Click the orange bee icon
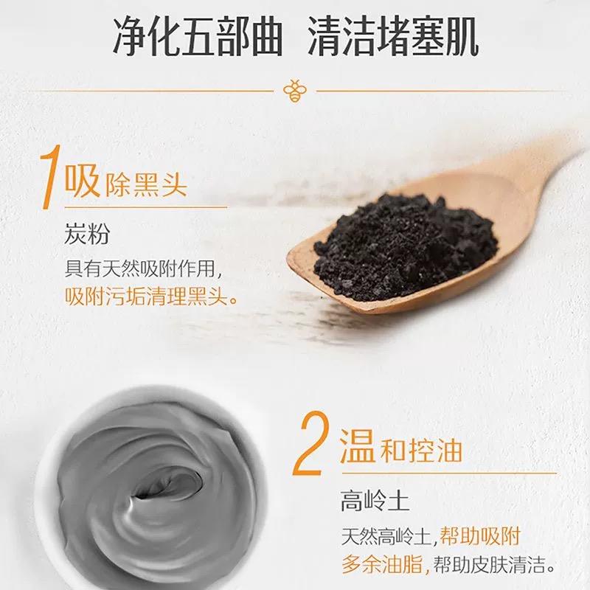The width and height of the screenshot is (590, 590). point(294,91)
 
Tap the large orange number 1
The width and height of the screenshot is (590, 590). point(49,176)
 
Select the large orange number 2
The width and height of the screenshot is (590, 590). point(312,443)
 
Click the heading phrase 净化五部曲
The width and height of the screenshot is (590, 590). point(198,38)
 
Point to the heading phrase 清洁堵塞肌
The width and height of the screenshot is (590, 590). point(393,38)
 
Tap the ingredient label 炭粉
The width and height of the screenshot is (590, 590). point(87,233)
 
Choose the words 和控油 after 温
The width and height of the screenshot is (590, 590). point(421,451)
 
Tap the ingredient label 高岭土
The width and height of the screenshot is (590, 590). point(375,501)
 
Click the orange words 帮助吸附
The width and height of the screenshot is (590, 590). point(480,536)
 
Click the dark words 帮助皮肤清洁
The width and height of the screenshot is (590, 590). point(488,565)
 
